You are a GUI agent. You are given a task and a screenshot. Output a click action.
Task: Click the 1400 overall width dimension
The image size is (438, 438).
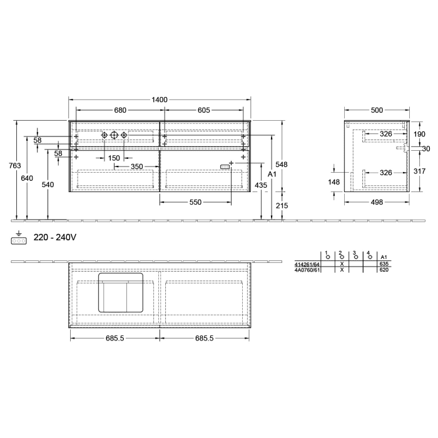pos(160,100)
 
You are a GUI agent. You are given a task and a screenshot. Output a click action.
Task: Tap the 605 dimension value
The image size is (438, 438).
pos(203,110)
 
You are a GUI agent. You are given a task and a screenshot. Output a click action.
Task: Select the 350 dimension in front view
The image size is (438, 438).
pos(136,166)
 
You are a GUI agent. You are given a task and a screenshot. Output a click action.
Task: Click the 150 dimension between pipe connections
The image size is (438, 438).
pos(114,158)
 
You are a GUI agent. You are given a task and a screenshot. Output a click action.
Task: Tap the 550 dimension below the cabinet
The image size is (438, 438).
pos(195,203)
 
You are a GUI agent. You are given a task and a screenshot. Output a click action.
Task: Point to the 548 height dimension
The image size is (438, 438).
pos(283,165)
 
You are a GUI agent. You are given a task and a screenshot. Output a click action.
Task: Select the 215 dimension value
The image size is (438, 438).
pos(283,206)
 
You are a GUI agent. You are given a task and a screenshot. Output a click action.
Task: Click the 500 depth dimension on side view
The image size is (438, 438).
pos(376,110)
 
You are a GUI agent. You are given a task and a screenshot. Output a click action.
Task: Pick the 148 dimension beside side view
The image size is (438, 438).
pos(334,182)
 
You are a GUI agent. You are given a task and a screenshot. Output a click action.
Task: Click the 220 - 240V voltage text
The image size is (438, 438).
pos(56,238)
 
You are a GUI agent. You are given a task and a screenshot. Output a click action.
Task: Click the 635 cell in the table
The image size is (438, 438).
pos(384,265)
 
